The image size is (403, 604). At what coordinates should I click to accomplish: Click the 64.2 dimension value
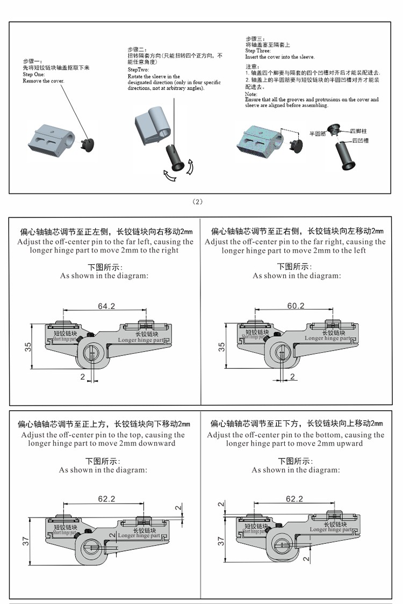pos(106,306)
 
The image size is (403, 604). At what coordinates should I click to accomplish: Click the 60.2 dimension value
pos(296,306)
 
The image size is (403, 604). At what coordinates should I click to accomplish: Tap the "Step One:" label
pos(35,75)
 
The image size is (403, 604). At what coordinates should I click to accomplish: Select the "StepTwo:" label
pos(139,70)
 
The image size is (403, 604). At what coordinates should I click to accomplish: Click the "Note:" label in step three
pos(250,94)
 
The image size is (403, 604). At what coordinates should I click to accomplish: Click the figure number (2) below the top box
pos(198,201)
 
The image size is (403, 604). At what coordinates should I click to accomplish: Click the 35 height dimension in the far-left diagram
pos(28,347)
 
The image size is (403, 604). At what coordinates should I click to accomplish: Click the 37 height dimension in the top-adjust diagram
pos(26,542)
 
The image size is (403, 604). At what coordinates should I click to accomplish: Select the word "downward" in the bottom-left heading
pos(156,443)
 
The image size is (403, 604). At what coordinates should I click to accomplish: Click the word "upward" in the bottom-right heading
pos(349,443)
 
